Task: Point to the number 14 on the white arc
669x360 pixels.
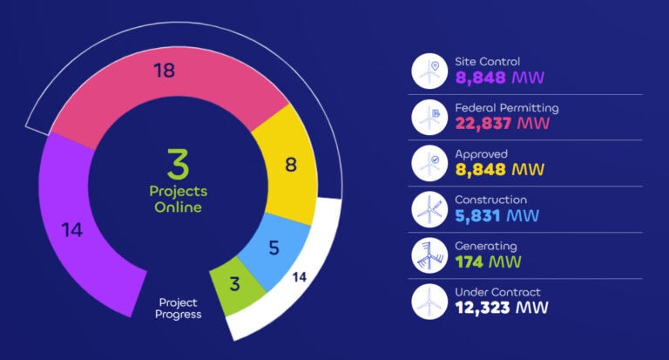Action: pos(299,279)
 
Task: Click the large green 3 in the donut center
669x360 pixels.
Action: pos(178,164)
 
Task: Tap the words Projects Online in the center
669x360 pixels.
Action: pos(179,200)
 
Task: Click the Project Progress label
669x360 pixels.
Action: pos(179,308)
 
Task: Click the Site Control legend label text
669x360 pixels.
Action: pos(487,62)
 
